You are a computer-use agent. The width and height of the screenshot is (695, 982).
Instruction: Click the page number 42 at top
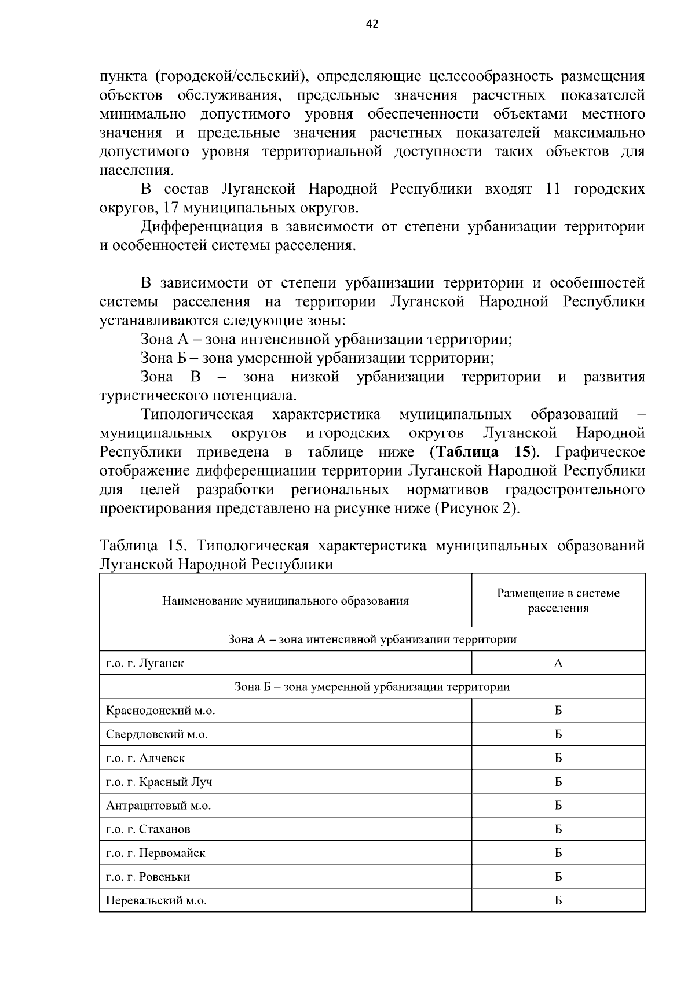(372, 24)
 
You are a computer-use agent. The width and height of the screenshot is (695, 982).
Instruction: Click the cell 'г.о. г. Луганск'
(145, 663)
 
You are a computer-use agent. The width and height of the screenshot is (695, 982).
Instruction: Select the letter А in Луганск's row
(558, 663)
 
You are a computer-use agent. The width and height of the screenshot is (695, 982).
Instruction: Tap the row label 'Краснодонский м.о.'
(164, 711)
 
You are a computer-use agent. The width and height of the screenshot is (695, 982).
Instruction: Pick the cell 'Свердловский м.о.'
(156, 734)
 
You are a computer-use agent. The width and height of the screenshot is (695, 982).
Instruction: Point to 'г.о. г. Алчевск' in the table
(145, 758)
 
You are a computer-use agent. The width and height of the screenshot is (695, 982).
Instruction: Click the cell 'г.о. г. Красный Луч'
(159, 782)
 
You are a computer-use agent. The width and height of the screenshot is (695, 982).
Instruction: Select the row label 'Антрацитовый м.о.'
(158, 806)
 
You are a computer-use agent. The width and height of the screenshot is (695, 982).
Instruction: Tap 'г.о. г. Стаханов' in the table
(148, 829)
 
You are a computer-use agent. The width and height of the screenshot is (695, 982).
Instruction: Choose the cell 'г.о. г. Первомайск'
(155, 853)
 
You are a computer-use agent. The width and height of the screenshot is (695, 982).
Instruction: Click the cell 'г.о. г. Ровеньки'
(148, 877)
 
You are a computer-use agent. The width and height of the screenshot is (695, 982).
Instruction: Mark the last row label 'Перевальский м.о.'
(156, 900)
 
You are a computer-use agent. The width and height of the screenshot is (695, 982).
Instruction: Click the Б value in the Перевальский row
(558, 900)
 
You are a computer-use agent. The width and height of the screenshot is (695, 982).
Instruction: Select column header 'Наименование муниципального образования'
(286, 601)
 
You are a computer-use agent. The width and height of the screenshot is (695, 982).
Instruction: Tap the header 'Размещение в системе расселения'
(558, 601)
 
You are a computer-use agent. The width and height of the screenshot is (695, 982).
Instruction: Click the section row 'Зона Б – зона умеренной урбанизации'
(372, 687)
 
